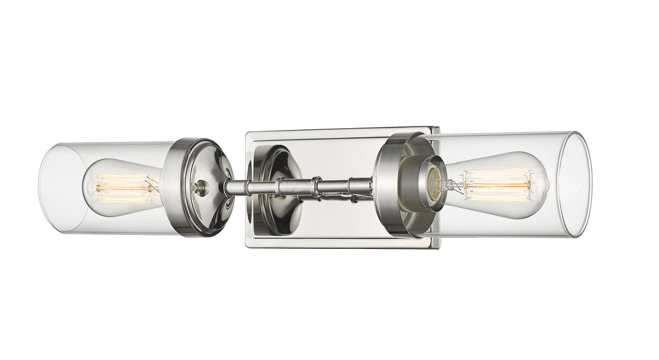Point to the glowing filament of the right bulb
click(497, 184)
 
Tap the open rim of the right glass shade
click(576, 184)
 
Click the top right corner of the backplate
click(438, 128)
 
